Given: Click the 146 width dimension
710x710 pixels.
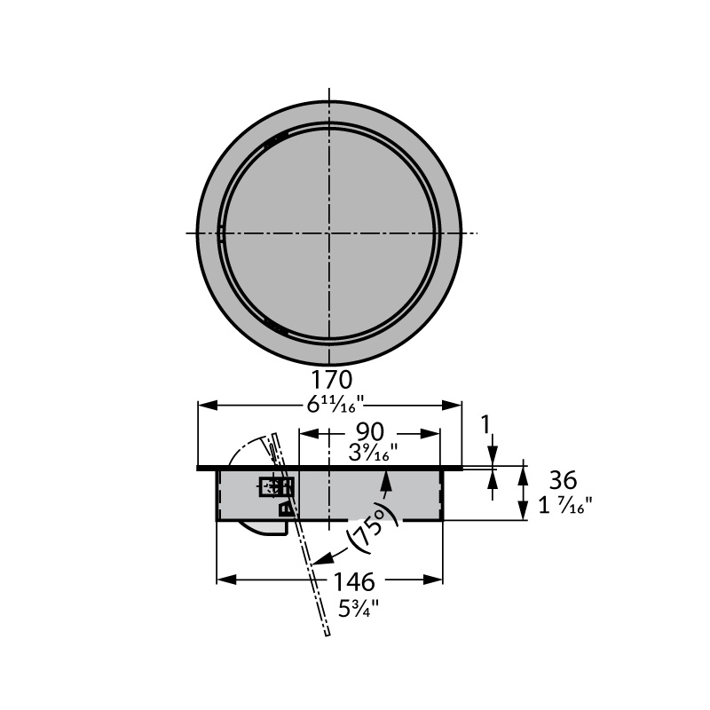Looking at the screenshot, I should [353, 582].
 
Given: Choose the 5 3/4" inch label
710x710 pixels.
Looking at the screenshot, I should [359, 609].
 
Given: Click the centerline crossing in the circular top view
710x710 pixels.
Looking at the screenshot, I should [329, 233].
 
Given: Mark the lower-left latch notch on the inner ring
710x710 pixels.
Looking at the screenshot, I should [278, 329].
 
